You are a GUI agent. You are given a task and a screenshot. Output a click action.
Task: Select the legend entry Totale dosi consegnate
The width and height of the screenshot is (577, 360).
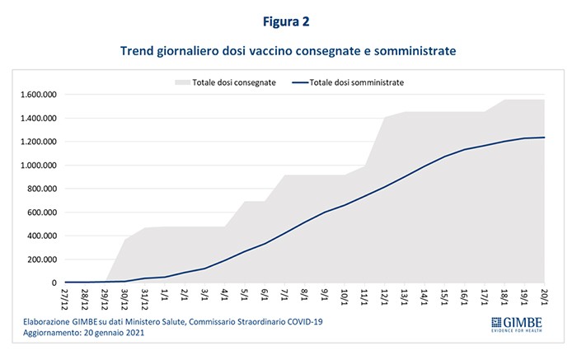(234, 82)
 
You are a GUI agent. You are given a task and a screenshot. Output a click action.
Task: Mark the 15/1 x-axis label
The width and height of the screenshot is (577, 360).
(443, 295)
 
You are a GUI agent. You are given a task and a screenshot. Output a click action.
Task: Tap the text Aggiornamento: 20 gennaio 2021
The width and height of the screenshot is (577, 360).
(79, 334)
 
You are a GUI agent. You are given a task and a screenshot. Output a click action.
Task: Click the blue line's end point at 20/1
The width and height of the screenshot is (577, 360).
(544, 138)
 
